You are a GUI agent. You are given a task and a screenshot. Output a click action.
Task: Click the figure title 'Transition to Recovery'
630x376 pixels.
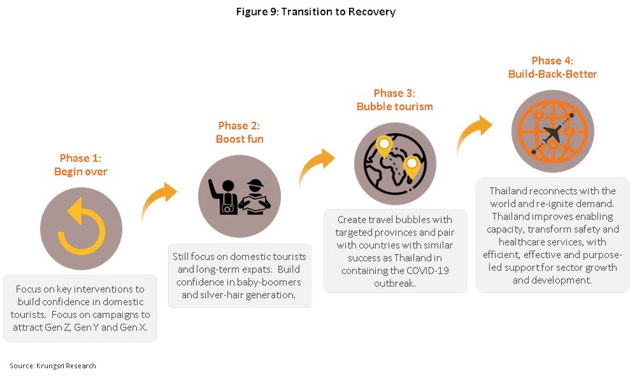pyautogui.click(x=338, y=12)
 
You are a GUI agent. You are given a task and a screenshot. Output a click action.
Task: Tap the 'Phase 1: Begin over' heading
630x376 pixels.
pyautogui.click(x=80, y=165)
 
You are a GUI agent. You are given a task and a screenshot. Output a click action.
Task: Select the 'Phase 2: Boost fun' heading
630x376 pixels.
pyautogui.click(x=240, y=133)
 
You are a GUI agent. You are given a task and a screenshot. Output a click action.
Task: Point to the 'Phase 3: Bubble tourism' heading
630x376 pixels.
pyautogui.click(x=395, y=100)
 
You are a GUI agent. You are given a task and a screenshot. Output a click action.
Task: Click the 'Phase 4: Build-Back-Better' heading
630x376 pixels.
pyautogui.click(x=553, y=67)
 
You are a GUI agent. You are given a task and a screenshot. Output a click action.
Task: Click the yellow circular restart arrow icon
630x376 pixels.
pyautogui.click(x=82, y=226)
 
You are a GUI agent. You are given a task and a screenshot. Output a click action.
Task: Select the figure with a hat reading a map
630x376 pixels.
pyautogui.click(x=255, y=196)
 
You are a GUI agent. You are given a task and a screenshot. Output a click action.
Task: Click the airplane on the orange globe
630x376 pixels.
pyautogui.click(x=553, y=133)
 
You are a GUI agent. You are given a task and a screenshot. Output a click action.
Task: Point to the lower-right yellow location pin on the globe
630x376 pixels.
pyautogui.click(x=411, y=167)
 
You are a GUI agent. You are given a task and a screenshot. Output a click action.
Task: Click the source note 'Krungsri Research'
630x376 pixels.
pyautogui.click(x=67, y=366)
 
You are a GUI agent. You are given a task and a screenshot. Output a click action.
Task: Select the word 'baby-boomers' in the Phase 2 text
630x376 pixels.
pyautogui.click(x=275, y=282)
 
